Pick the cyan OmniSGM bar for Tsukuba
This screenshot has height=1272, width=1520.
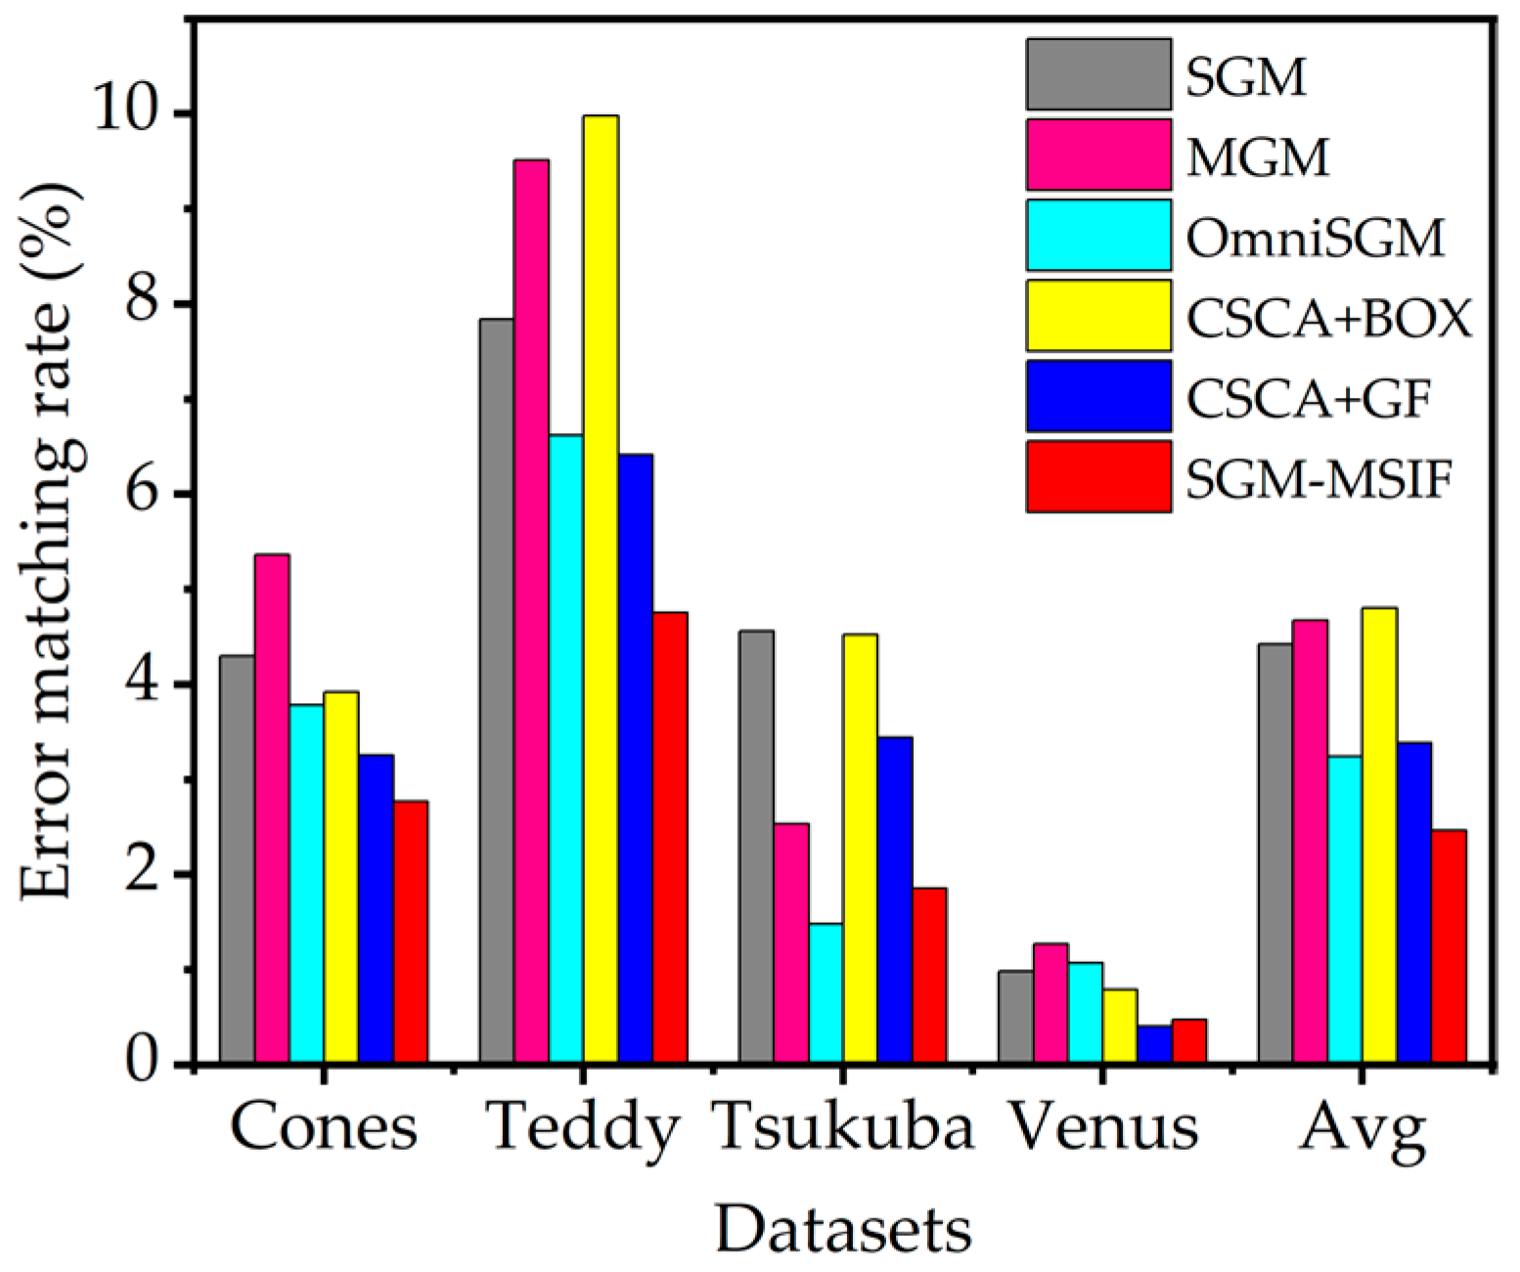click(826, 992)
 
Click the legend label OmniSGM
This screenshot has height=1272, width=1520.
click(1315, 237)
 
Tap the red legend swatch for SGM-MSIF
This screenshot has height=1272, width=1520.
click(1097, 476)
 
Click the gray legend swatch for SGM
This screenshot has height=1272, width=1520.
click(1097, 74)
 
